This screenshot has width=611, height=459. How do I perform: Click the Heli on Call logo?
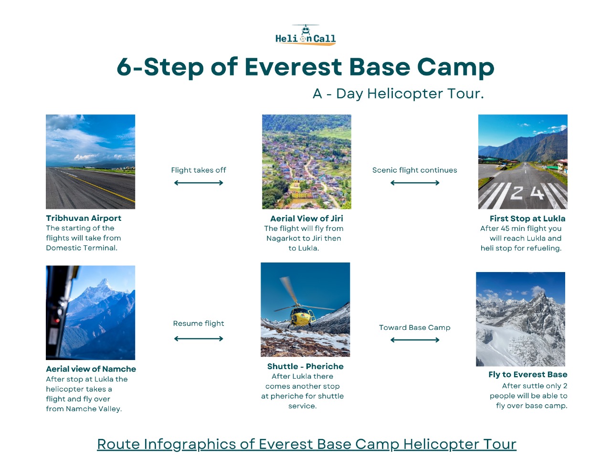(305, 35)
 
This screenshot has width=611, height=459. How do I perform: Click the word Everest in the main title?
(293, 67)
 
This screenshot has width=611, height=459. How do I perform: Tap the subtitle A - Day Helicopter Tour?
(398, 94)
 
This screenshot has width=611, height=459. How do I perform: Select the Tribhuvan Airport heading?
(84, 218)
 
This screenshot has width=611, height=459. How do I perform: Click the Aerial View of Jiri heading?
(306, 219)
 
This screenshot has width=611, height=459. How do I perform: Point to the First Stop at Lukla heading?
(527, 219)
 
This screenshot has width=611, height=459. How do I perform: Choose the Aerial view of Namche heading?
(91, 369)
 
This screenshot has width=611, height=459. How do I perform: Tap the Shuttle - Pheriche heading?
(305, 366)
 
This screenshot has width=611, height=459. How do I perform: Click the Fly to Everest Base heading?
(528, 374)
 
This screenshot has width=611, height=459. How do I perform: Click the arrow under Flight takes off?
(199, 183)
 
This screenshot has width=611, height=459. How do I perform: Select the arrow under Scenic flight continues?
(415, 183)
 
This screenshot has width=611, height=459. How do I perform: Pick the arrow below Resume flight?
(199, 339)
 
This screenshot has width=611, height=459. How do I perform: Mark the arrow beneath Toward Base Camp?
(415, 340)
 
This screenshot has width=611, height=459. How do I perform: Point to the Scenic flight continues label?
(415, 170)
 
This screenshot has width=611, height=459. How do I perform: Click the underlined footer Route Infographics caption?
(306, 444)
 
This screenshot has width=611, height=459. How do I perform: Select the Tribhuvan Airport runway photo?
(91, 162)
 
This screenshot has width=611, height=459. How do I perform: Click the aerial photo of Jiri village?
(306, 162)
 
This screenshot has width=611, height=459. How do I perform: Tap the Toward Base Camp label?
(415, 328)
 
